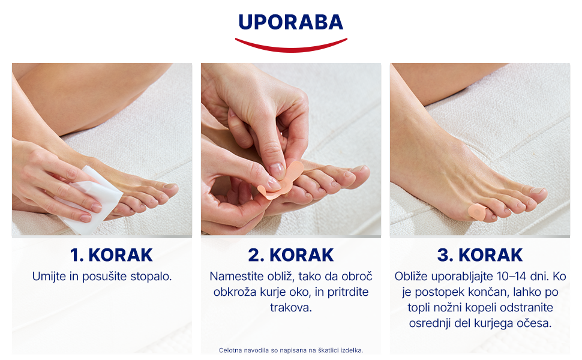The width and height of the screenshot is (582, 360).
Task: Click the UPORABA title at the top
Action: pyautogui.click(x=290, y=22)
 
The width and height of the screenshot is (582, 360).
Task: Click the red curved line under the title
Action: pyautogui.click(x=291, y=47)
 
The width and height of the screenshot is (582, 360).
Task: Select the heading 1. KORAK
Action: pyautogui.click(x=112, y=255)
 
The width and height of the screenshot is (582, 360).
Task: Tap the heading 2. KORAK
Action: pyautogui.click(x=291, y=255)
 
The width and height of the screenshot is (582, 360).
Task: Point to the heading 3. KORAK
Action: pyautogui.click(x=480, y=255)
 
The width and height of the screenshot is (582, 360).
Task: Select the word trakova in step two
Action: pyautogui.click(x=291, y=308)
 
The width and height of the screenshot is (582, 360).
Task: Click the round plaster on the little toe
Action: pyautogui.click(x=475, y=212)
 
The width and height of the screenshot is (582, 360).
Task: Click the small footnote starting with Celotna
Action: pyautogui.click(x=290, y=350)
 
